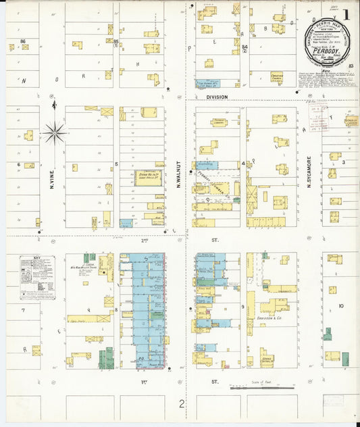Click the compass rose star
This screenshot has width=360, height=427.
pyautogui.click(x=55, y=132)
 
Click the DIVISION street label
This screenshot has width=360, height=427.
pyautogui.click(x=217, y=97)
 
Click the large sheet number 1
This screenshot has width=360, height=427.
pyautogui.click(x=346, y=14)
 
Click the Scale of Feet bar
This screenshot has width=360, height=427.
pyautogui.click(x=262, y=388)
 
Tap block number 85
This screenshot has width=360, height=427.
pyautogui.click(x=116, y=42)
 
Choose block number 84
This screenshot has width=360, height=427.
pyautogui.click(x=245, y=47)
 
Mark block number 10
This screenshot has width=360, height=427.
pyautogui.click(x=341, y=306)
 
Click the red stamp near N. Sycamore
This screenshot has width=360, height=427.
pyautogui.click(x=318, y=112)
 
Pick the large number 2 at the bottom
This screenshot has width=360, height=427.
pyautogui.click(x=181, y=405)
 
